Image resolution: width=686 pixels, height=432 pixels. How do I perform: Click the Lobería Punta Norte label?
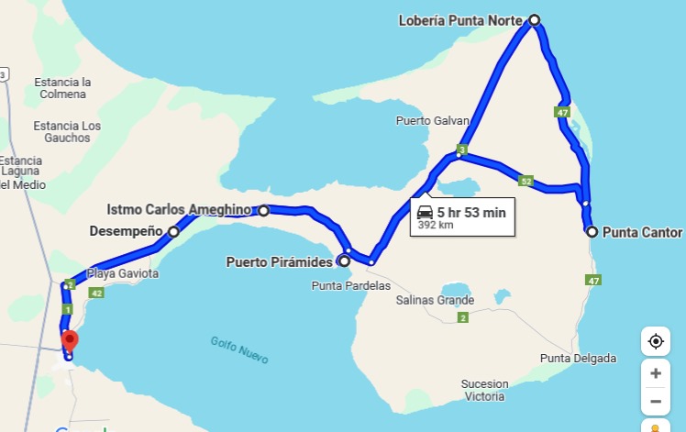[x=461, y=19]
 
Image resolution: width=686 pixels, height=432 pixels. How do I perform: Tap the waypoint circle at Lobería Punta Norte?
[x=535, y=19]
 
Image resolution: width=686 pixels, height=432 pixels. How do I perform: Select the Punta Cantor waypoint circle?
[x=592, y=232]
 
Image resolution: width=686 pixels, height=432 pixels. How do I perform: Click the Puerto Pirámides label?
[x=279, y=262]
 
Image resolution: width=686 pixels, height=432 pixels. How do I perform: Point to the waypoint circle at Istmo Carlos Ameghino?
[x=264, y=210]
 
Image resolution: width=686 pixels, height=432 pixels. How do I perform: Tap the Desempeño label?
[x=126, y=231]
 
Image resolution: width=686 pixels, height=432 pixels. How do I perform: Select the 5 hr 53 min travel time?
[x=471, y=212]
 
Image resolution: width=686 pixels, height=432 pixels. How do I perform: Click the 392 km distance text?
[x=436, y=224]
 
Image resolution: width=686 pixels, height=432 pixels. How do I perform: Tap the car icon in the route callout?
[x=426, y=212]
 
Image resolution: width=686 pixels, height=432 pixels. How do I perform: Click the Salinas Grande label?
[x=435, y=300]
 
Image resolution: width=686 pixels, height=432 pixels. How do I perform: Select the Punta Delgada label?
[x=578, y=358]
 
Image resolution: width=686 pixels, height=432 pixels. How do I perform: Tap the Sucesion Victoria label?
[x=483, y=390]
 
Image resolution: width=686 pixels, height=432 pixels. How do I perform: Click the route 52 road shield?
[x=526, y=181]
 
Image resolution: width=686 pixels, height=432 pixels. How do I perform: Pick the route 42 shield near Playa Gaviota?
[x=96, y=293]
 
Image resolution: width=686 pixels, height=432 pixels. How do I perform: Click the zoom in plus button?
[x=655, y=373]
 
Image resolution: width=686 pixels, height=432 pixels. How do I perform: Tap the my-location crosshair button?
[x=655, y=342]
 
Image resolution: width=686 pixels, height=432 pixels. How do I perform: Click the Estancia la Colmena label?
[x=62, y=88]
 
